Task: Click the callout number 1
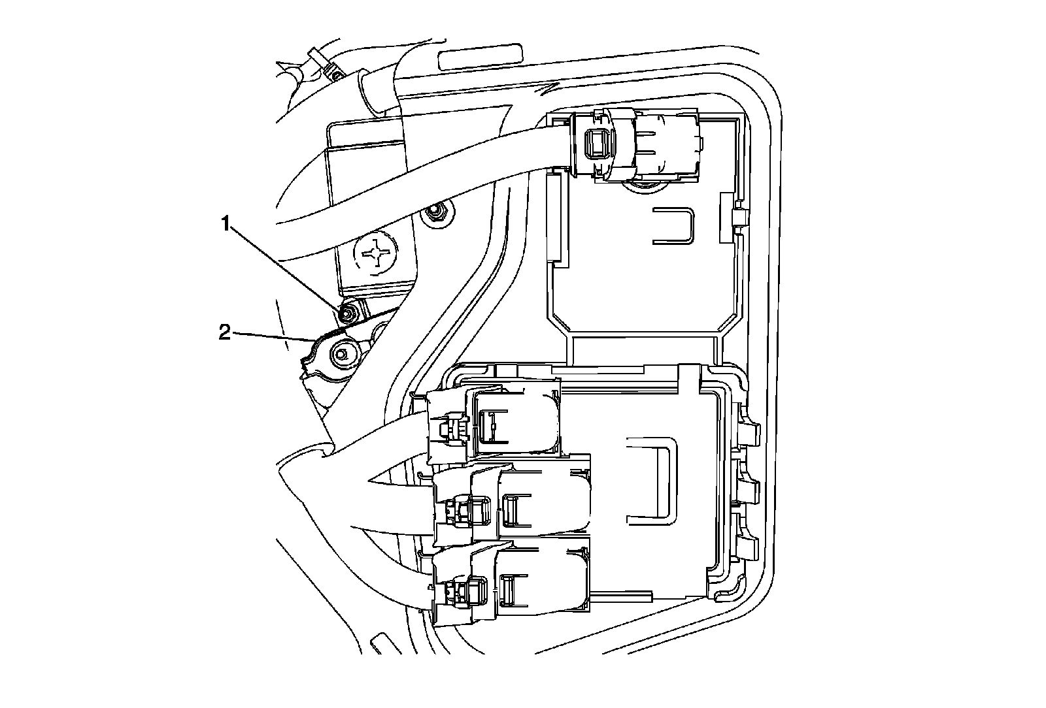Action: (226, 225)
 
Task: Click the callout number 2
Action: (225, 333)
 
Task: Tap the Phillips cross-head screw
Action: (377, 252)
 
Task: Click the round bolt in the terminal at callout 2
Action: (340, 354)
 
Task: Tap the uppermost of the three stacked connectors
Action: (494, 423)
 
